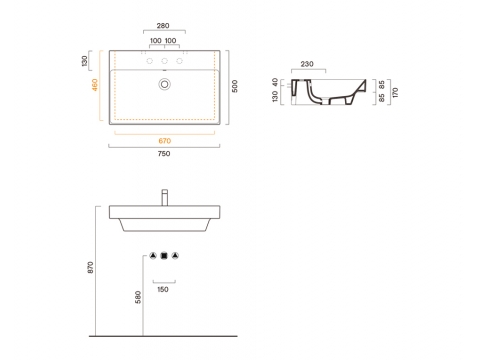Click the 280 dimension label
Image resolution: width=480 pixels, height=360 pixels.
point(163,26)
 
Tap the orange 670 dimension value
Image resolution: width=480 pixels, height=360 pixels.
point(165,141)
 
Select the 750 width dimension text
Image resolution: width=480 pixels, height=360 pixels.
point(164,154)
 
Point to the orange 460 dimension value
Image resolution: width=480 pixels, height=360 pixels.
point(95,85)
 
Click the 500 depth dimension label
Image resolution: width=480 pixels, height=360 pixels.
point(235,86)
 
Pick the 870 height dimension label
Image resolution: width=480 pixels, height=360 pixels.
point(90,268)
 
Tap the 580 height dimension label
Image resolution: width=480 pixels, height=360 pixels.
point(138,297)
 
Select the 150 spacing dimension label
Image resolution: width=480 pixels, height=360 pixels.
point(163,289)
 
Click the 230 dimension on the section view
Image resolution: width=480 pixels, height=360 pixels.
point(307,64)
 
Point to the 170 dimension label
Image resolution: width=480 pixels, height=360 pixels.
point(395,92)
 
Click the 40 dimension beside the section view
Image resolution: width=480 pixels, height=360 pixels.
point(275,82)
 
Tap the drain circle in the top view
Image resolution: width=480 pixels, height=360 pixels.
point(164,84)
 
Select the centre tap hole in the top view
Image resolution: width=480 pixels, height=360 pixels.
point(164,61)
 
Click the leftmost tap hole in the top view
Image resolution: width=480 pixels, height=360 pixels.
point(150,61)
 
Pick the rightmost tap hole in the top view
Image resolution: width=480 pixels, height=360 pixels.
point(179,61)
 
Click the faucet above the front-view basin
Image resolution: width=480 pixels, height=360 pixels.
point(165,197)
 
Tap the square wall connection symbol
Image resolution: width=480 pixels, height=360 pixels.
point(164,256)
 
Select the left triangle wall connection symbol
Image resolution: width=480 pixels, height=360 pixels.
point(153,256)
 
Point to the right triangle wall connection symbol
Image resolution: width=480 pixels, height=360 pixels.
point(175,256)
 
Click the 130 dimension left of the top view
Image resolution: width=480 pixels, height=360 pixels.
point(84,61)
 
